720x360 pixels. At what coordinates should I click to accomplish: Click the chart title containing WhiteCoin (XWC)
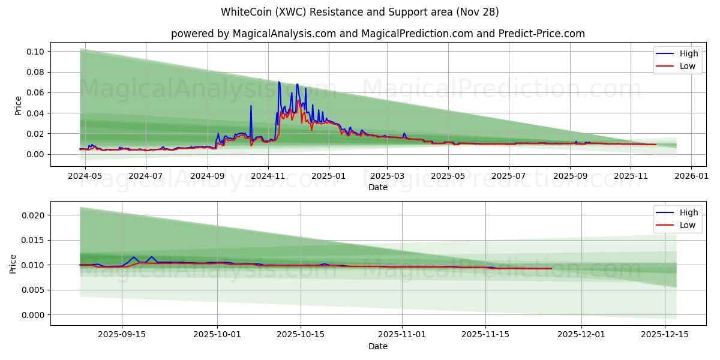click(360, 12)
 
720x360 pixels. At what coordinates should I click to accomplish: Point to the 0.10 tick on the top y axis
click(35, 52)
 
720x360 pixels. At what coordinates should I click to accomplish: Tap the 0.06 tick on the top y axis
click(35, 92)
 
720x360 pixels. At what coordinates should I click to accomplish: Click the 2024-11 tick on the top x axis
click(268, 176)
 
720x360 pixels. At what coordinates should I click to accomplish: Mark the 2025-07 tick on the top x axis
click(509, 176)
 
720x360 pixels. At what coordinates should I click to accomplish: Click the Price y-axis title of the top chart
click(18, 106)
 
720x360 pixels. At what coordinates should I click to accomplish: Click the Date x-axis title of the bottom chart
click(378, 346)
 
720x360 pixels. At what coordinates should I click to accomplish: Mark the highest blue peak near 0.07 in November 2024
click(278, 82)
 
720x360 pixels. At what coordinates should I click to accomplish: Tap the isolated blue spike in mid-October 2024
click(251, 106)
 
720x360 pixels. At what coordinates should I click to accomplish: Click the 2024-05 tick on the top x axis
click(85, 176)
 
